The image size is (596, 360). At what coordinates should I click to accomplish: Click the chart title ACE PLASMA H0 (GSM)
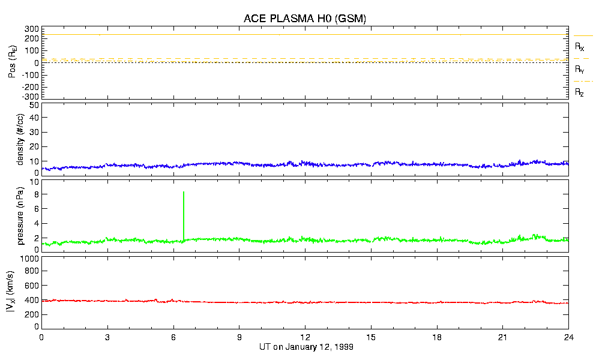[x=304, y=19]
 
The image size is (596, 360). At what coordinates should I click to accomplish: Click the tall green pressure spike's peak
[x=184, y=192]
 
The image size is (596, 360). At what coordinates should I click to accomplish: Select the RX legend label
[x=580, y=46]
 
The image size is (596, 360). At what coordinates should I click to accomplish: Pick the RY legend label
[x=580, y=70]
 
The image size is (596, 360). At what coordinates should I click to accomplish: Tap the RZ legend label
[x=580, y=92]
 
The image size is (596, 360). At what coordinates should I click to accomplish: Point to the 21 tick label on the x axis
[x=502, y=338]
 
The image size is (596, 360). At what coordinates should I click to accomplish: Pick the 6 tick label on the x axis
[x=173, y=338]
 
